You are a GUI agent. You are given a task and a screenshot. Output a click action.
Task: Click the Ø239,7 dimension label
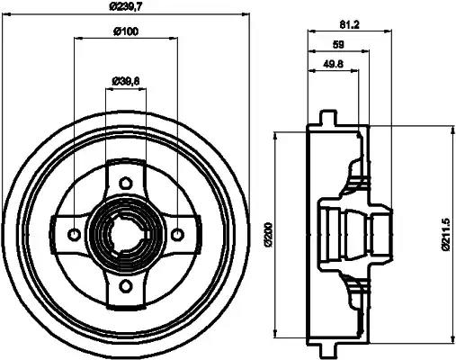click(125, 6)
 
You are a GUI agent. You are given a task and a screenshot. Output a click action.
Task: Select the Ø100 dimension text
click(126, 31)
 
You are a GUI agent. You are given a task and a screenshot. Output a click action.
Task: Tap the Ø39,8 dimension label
click(126, 81)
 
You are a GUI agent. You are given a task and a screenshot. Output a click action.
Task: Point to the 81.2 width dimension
click(350, 24)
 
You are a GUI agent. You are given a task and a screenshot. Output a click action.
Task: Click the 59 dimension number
click(338, 45)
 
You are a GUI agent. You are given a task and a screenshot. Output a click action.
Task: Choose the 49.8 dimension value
click(333, 64)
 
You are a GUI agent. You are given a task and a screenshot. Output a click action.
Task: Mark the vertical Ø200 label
click(268, 235)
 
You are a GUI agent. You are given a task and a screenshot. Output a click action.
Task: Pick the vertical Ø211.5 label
click(446, 235)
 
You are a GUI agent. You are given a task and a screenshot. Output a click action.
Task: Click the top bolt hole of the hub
click(126, 183)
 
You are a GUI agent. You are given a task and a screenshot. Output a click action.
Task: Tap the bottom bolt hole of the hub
click(126, 286)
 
